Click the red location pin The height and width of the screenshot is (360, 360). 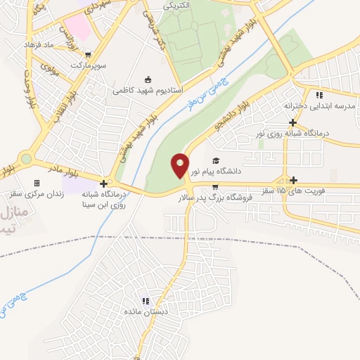(180, 165)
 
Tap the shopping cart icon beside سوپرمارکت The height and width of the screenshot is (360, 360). (86, 54)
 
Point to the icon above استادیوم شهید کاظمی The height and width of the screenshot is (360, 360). (148, 79)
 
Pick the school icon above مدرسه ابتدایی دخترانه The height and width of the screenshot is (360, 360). (319, 95)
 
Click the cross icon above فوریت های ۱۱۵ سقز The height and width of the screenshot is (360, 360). (293, 180)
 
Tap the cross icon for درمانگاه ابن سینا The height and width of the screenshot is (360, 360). (104, 184)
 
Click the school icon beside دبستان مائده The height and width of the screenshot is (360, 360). (145, 300)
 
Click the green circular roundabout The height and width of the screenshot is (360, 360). (26, 159)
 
